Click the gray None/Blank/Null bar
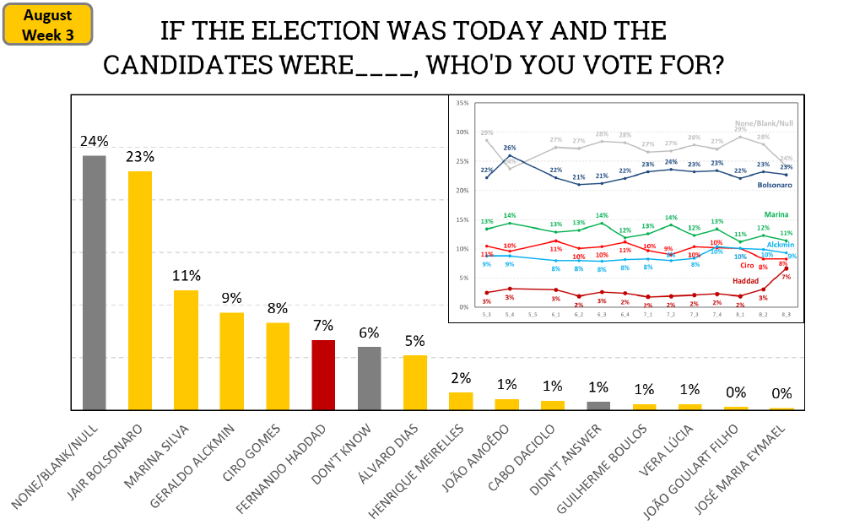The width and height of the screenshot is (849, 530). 95,283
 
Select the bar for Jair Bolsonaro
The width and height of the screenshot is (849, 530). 140,290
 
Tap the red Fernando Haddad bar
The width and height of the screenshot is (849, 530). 323,375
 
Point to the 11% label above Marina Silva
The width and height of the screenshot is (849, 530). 186,276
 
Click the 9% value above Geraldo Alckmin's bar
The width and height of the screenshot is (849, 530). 231,298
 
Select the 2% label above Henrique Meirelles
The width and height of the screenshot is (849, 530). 460,378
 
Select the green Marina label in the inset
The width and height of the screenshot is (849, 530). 776,215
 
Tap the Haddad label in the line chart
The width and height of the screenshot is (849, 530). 745,279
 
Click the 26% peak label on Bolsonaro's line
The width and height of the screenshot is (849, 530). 509,148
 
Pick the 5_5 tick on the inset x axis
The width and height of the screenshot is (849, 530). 533,315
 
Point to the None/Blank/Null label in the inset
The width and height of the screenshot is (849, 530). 764,123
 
